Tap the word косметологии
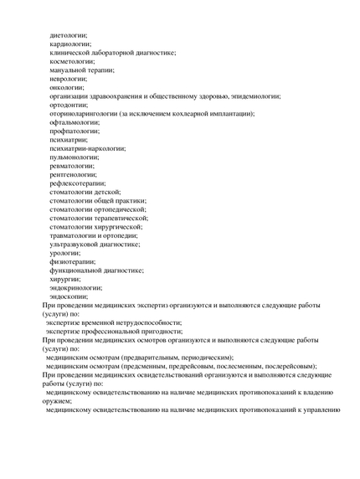point(72,61)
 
